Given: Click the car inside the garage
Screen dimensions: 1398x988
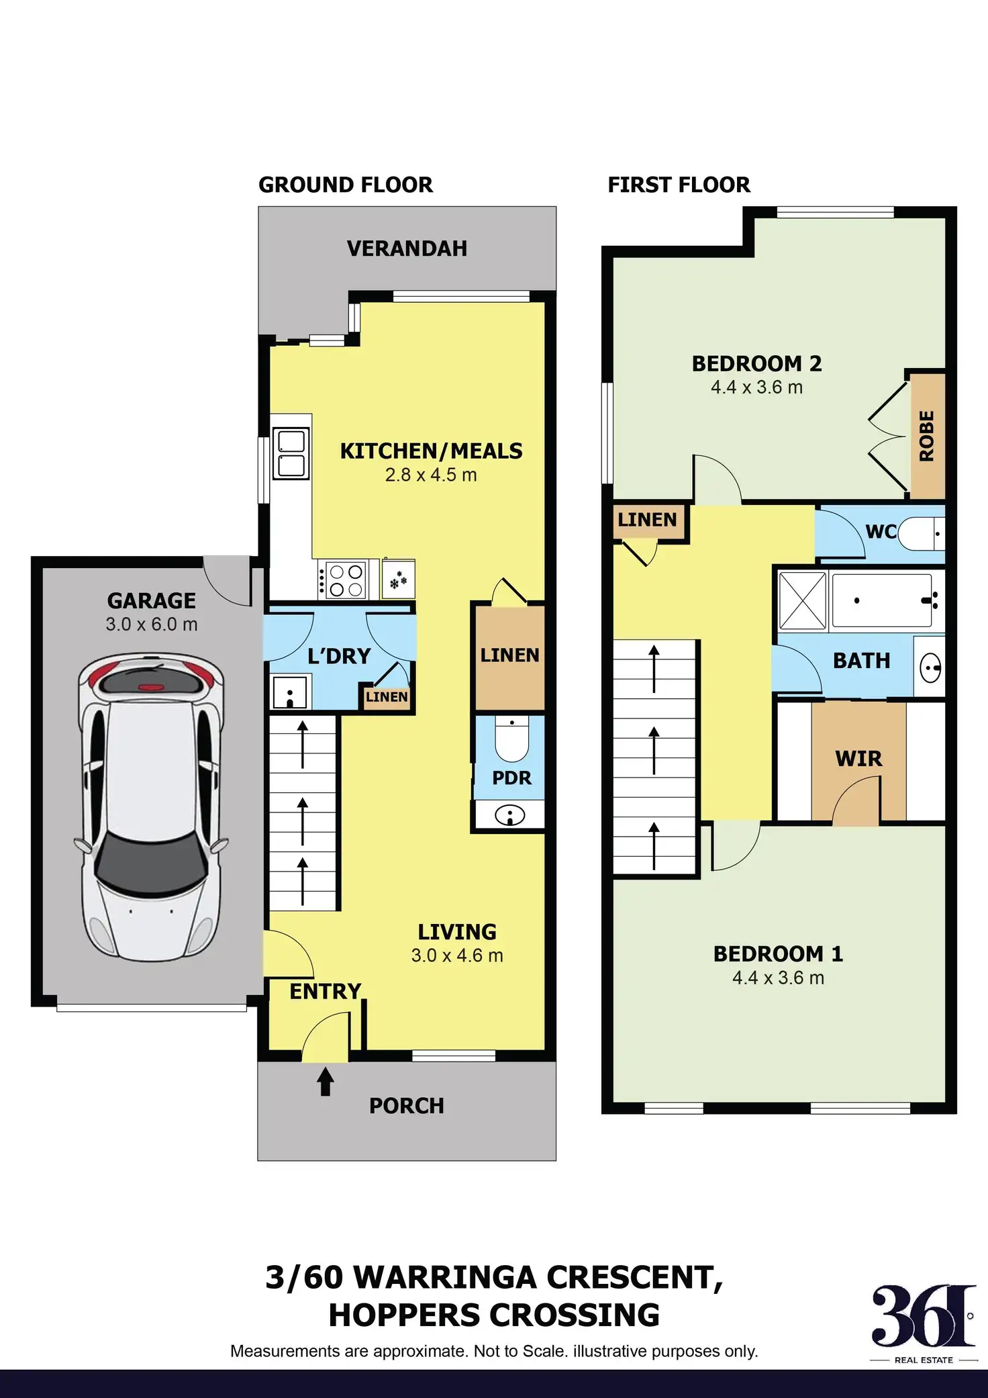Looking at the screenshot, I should tap(151, 806).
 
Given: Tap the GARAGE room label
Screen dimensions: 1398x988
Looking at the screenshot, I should tap(152, 600).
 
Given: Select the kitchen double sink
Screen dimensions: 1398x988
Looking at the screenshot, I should tap(291, 454).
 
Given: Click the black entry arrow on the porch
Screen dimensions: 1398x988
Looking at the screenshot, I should tap(326, 1082).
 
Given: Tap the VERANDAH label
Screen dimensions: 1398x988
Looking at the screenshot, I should tap(407, 248).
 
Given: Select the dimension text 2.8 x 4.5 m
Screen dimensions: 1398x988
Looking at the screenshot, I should tap(430, 475).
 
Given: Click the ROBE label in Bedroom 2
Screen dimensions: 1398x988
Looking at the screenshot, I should tap(926, 436).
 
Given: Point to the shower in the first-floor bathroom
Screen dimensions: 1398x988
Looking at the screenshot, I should tap(803, 600).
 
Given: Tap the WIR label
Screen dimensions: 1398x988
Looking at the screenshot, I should tap(858, 759).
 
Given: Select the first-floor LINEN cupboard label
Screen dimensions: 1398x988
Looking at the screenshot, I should tap(647, 520).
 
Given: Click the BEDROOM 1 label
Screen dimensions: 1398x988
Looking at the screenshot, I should tap(778, 953).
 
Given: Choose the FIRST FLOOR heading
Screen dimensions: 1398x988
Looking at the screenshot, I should tap(679, 185).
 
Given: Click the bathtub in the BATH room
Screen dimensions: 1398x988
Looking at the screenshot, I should tap(881, 600).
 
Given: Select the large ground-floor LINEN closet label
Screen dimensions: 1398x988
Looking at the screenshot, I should tap(509, 655).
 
